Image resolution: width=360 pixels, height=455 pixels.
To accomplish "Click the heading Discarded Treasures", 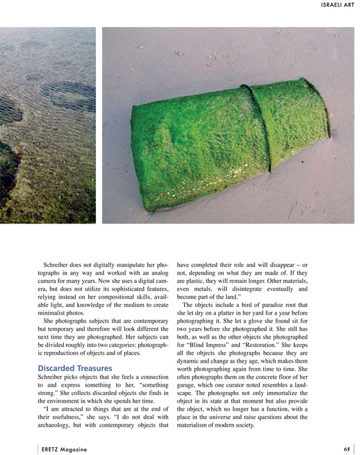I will point(75,367).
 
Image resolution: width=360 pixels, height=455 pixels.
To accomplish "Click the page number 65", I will point(347,449).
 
